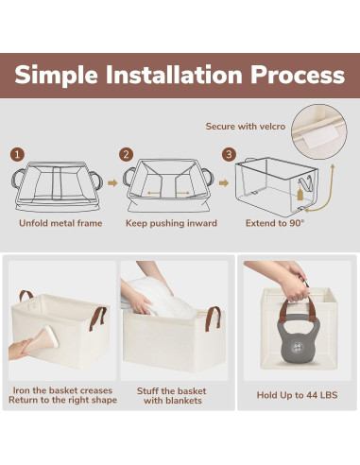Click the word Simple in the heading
(56, 76)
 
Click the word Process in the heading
(298, 75)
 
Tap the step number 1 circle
(17, 155)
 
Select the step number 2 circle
(127, 155)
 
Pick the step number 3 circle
(229, 154)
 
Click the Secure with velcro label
(246, 127)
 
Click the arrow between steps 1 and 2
(112, 183)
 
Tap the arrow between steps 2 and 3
(224, 183)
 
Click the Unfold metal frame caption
(60, 223)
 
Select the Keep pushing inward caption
(171, 223)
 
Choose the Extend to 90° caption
(275, 223)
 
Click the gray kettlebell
(298, 339)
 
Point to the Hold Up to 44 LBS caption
(298, 395)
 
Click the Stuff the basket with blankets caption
(172, 396)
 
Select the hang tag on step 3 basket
(300, 193)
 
